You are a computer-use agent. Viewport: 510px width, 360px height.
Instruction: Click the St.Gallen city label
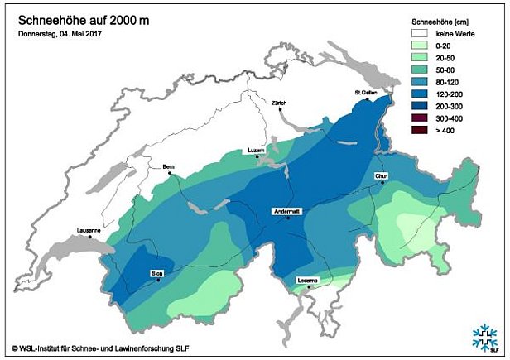[x=365, y=92]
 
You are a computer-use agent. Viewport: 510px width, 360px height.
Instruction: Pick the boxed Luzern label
[x=256, y=150]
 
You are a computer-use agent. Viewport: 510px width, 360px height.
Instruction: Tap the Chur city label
[x=381, y=175]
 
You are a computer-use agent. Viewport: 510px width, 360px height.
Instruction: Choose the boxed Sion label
[x=156, y=272]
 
